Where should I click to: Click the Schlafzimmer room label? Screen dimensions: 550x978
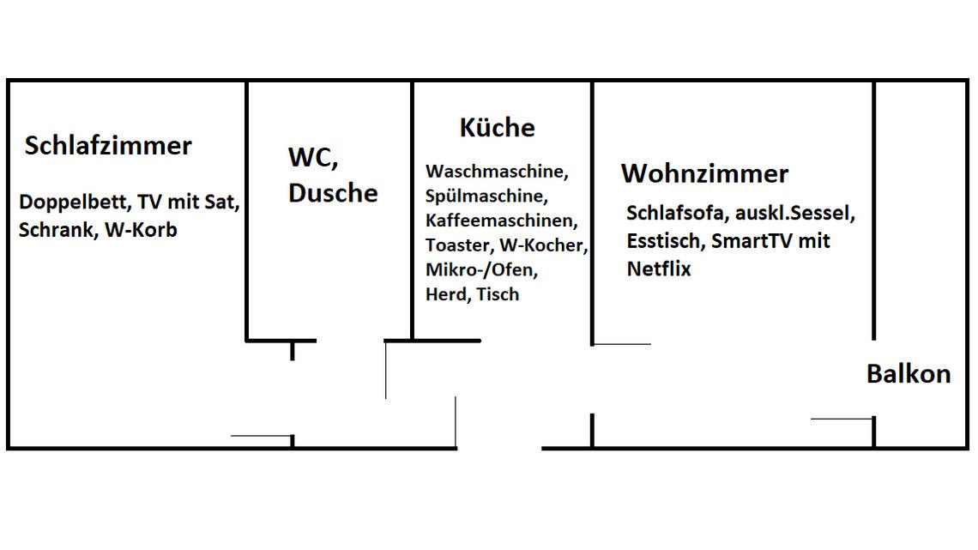[108, 146]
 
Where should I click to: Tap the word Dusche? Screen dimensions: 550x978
[333, 193]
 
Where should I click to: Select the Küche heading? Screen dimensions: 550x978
[497, 128]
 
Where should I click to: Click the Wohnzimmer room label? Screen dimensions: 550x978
[704, 173]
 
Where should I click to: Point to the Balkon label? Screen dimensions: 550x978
[909, 374]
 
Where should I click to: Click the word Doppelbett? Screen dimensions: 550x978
[74, 203]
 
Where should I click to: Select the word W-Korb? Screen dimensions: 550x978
[141, 230]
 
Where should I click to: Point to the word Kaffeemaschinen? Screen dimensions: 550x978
[502, 221]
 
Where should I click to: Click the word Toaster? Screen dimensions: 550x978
[456, 245]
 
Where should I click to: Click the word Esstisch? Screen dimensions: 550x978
[665, 240]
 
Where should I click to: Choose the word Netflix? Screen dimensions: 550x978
[658, 269]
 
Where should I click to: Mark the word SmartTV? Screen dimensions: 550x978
[752, 240]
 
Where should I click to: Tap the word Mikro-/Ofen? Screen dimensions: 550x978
[480, 270]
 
